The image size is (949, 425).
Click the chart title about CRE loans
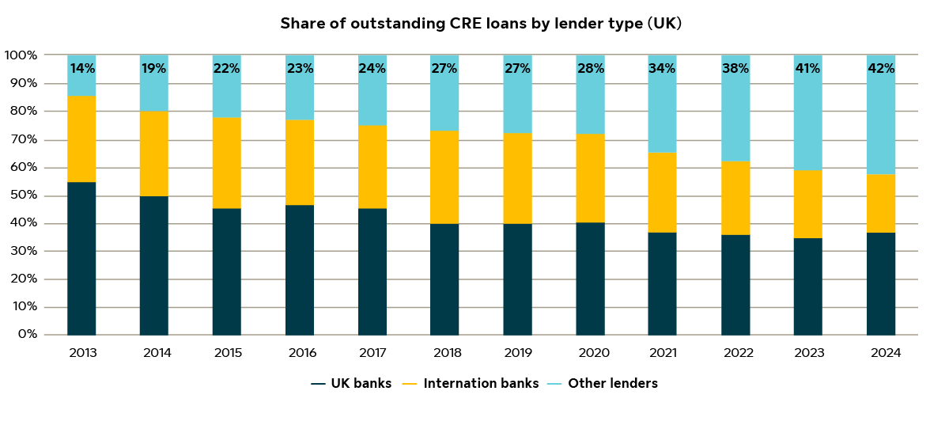pos(480,24)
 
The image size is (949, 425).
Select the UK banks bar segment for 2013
pos(81,259)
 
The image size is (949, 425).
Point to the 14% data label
pos(81,69)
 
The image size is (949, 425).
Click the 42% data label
pos(881,69)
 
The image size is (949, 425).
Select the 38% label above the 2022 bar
pos(735,69)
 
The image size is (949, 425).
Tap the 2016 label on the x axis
pos(300,353)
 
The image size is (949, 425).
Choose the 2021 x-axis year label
pos(663,353)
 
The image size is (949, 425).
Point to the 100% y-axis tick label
pos(20,55)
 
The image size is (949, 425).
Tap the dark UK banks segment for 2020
pos(590,279)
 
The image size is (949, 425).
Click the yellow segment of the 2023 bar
pos(807,204)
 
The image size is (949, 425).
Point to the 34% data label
pos(663,69)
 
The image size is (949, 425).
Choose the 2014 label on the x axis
pos(154,353)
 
